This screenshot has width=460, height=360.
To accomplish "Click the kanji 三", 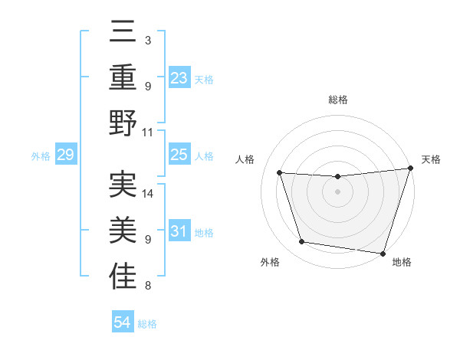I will click(x=123, y=33).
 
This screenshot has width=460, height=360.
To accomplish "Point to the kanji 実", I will click(x=123, y=184).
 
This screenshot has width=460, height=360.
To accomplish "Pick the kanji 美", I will click(x=123, y=229).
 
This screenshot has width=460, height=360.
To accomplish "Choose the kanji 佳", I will click(x=123, y=275).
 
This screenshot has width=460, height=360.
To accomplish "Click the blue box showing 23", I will click(x=179, y=77).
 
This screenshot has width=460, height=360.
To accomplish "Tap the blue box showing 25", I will click(x=179, y=155).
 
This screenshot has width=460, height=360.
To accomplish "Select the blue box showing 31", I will click(x=179, y=232).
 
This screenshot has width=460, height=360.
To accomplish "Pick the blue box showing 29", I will click(x=65, y=155).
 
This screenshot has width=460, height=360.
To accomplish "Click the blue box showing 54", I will click(x=122, y=322).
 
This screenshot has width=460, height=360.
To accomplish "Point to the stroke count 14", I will click(x=148, y=194).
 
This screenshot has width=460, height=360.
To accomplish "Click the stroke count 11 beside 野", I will click(x=148, y=132).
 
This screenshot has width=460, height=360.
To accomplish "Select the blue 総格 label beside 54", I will click(x=147, y=324).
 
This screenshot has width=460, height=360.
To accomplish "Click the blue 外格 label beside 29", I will click(x=41, y=156).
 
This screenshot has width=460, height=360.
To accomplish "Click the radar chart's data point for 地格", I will click(x=383, y=253).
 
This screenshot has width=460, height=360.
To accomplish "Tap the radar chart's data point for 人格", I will click(x=280, y=173).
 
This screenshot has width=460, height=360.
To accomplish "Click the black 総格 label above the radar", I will click(x=338, y=100).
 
